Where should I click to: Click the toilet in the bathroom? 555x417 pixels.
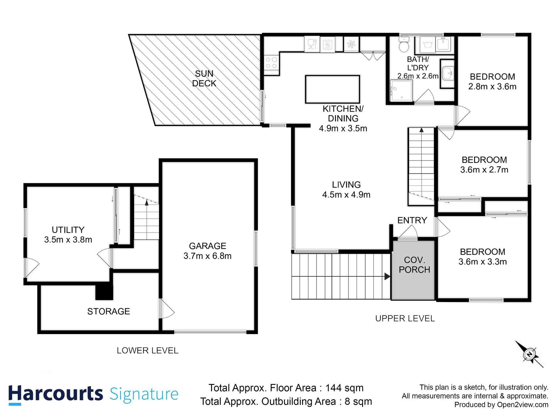[x=404, y=45]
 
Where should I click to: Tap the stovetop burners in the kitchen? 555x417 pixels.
[x=271, y=63]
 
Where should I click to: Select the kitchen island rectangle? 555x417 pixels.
[x=332, y=89]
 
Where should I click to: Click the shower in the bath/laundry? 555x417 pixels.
[x=401, y=91]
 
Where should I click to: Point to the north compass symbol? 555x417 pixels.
[x=529, y=355]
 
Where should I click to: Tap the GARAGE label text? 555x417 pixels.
[x=207, y=246]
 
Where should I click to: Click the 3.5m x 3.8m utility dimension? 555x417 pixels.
[x=68, y=240]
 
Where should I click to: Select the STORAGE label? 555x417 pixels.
[x=109, y=311]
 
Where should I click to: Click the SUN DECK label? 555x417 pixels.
[x=204, y=78]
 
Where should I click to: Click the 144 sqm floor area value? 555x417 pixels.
[x=344, y=388]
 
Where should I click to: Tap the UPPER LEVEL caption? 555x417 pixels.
[x=405, y=318]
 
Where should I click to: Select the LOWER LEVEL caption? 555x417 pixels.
[x=147, y=351]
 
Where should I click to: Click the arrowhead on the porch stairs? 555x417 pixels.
[x=387, y=276]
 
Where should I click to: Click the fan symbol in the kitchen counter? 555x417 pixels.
[x=351, y=44]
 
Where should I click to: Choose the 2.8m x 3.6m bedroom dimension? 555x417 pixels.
[x=492, y=86]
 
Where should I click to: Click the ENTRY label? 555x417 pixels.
[x=412, y=220]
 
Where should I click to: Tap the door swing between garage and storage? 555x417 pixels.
[x=166, y=309]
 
